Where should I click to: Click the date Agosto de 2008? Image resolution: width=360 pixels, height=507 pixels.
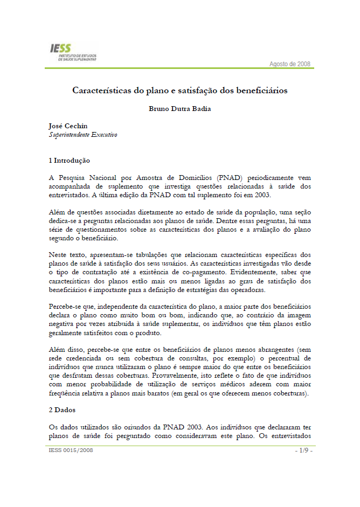pos(290,64)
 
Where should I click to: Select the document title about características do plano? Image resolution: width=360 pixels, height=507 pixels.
pos(180,90)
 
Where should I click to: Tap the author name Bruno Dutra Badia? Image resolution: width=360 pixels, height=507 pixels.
pos(180,109)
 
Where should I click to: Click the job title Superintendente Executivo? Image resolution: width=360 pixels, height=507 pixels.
pos(83,135)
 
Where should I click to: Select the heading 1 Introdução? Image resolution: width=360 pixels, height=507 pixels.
pos(69,161)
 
